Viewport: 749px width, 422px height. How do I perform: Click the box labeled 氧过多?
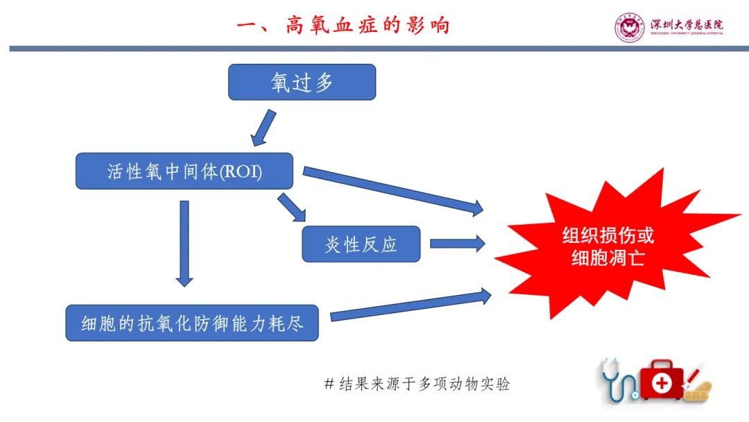302,83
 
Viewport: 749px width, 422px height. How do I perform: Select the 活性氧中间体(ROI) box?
184,171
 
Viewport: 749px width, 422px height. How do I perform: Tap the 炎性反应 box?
361,244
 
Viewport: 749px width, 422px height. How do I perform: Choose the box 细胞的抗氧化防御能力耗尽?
192,323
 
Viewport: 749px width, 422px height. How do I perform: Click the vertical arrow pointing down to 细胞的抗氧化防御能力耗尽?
184,243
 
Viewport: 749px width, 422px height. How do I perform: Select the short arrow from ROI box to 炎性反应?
291,208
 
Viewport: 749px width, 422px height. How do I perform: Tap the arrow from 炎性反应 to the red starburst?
457,244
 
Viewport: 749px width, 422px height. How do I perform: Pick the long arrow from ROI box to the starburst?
393,189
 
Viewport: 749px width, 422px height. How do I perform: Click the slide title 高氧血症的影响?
343,26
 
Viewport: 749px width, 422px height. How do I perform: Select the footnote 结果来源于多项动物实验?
424,384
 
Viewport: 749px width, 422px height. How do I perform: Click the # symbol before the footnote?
329,384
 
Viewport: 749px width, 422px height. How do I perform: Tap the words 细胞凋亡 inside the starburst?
608,258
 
